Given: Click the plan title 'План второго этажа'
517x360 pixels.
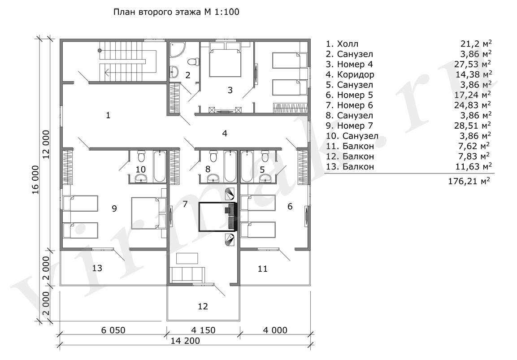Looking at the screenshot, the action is pyautogui.click(x=156, y=12).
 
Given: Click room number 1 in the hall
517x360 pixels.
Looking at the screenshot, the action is pyautogui.click(x=108, y=115).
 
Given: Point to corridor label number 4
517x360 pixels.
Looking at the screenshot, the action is pyautogui.click(x=225, y=134).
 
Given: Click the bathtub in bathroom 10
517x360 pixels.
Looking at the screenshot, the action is pyautogui.click(x=160, y=166).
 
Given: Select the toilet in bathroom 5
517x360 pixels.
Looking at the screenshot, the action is pyautogui.click(x=265, y=156).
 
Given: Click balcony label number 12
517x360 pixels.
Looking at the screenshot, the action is pyautogui.click(x=203, y=306).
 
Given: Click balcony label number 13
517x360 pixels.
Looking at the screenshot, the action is pyautogui.click(x=97, y=268).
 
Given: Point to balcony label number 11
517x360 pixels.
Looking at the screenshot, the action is pyautogui.click(x=262, y=269).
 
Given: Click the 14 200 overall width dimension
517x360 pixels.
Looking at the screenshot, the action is pyautogui.click(x=185, y=341).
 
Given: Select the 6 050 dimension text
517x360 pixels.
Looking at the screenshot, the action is pyautogui.click(x=113, y=330).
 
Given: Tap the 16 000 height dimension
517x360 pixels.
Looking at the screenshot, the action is pyautogui.click(x=35, y=180).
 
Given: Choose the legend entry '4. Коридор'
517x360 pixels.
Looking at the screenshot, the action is pyautogui.click(x=350, y=74).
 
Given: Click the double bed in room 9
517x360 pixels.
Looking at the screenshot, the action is pyautogui.click(x=148, y=213).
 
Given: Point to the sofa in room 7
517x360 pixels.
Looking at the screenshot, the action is pyautogui.click(x=187, y=274).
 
